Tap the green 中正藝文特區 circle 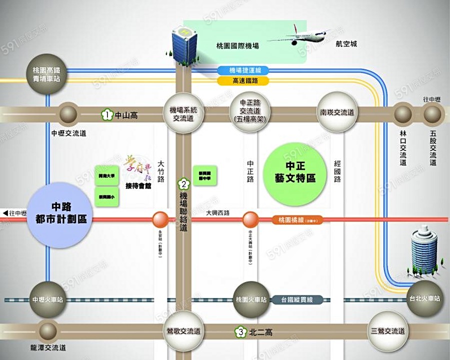(x=297, y=173)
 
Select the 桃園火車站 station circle (x=250, y=299)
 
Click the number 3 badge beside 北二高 (x=241, y=331)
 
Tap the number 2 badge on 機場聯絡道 (x=183, y=183)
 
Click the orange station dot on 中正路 (x=250, y=219)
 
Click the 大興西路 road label (x=218, y=213)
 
